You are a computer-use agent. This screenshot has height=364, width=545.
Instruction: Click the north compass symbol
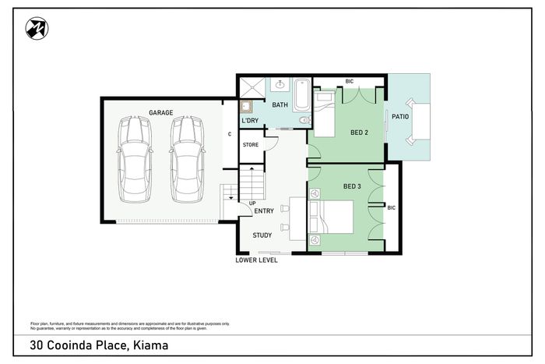(37, 28)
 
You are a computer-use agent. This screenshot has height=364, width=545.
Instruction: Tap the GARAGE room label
(161, 112)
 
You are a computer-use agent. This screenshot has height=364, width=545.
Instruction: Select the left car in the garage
(135, 159)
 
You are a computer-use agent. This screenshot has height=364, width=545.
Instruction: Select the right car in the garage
(187, 159)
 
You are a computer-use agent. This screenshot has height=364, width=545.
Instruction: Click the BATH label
(280, 104)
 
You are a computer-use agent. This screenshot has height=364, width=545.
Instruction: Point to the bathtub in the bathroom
(302, 94)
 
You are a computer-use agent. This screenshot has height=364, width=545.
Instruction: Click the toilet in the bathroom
(304, 120)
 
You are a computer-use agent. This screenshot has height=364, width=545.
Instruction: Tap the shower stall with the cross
(252, 87)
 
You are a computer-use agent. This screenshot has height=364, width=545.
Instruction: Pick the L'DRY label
(250, 120)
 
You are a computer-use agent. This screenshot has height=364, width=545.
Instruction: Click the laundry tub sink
(246, 107)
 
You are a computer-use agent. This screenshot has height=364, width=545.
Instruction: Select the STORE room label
(251, 144)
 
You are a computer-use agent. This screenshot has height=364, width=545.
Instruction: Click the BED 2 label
(359, 133)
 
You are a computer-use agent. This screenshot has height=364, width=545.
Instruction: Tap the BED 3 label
(352, 186)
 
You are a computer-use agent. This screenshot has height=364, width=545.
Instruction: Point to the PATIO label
(400, 117)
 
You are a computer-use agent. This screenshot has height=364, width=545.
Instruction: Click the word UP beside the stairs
(252, 203)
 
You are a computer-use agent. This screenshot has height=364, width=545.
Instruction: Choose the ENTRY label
(264, 211)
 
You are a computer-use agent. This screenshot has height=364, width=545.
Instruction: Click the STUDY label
(262, 235)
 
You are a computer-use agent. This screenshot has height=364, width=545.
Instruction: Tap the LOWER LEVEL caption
(256, 260)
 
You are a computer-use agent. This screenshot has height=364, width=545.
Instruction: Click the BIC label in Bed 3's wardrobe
(392, 208)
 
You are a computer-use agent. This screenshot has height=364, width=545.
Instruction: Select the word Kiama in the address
(151, 345)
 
